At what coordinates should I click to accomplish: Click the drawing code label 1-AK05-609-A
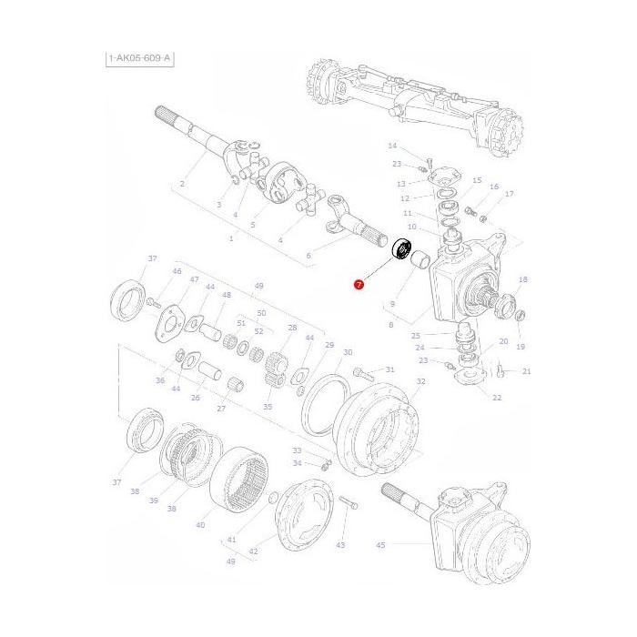tap(139, 59)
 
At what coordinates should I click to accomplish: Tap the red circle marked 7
tap(359, 285)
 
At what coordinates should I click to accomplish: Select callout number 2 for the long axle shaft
tap(182, 184)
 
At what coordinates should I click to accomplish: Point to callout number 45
tap(380, 545)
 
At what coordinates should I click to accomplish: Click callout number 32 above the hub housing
tap(420, 381)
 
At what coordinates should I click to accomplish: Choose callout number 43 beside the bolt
tap(340, 545)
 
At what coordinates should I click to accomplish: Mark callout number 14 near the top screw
tap(392, 147)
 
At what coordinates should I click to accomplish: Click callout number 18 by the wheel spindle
tap(522, 279)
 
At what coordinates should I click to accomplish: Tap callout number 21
tap(527, 371)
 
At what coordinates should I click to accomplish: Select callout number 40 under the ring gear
tap(200, 525)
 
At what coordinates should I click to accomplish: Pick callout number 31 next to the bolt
tap(389, 369)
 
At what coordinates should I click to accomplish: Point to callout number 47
tap(194, 279)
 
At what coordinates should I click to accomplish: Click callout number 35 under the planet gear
tap(268, 407)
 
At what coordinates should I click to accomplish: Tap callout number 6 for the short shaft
tap(308, 256)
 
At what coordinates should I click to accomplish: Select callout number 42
tap(253, 551)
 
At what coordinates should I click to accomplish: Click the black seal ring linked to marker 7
tap(402, 248)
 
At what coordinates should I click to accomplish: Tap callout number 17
tap(510, 194)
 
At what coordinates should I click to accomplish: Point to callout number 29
tap(329, 345)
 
